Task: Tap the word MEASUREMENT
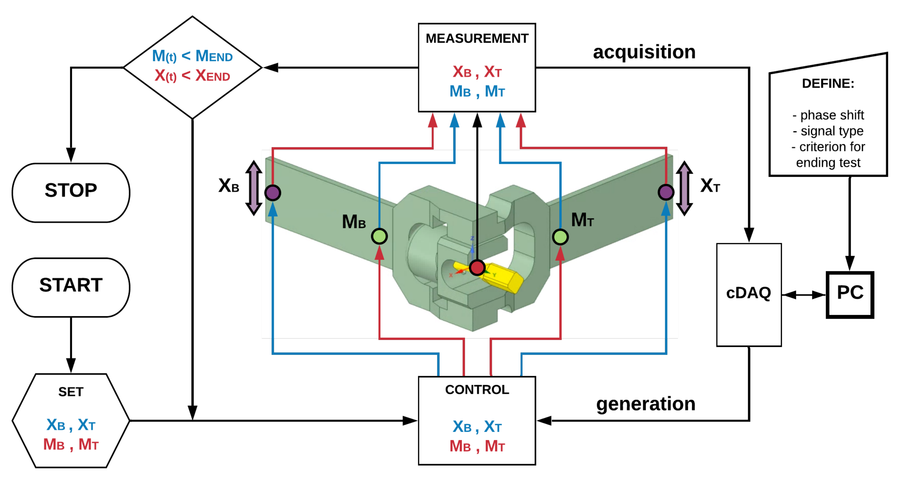(x=477, y=38)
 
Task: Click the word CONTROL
(x=477, y=389)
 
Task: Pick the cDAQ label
(x=749, y=293)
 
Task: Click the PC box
(x=850, y=295)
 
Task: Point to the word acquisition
(x=644, y=52)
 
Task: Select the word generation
(x=646, y=404)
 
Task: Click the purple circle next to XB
(x=273, y=193)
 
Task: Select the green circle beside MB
(x=379, y=236)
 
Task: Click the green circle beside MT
(x=560, y=237)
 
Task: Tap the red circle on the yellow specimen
(x=477, y=268)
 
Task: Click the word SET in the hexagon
(x=71, y=392)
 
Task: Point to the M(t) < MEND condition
(x=192, y=56)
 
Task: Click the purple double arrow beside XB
(x=254, y=188)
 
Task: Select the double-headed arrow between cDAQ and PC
(x=804, y=295)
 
